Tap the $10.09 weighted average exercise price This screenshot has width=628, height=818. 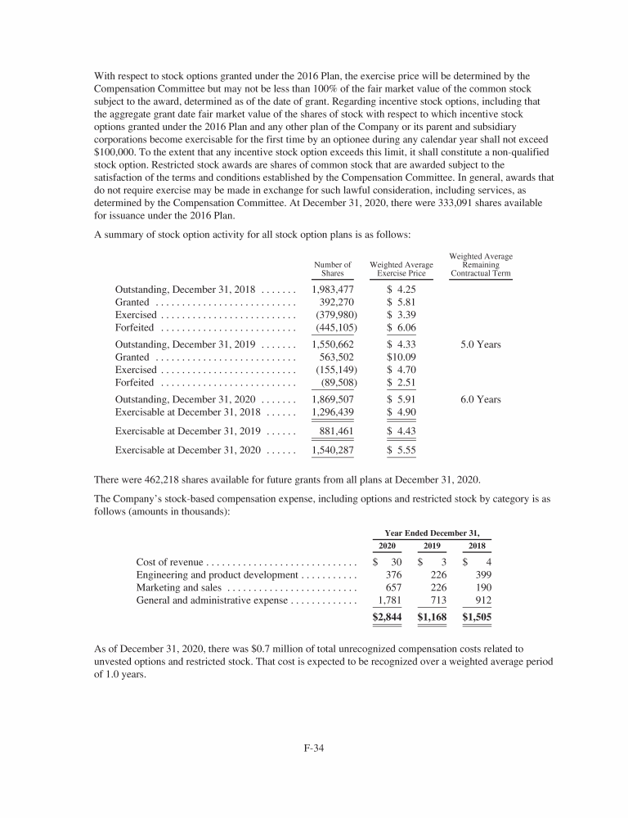pos(401,357)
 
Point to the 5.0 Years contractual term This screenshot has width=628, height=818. pos(481,344)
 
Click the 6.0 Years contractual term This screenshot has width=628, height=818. pos(481,399)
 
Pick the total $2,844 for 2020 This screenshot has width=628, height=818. pos(387,617)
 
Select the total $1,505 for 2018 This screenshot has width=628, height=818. pos(477,617)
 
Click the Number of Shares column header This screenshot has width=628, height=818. pos(333,269)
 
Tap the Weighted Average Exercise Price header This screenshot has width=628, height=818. pos(401,269)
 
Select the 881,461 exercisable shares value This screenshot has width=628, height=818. pos(336,431)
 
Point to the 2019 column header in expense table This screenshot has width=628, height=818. pos(431,546)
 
